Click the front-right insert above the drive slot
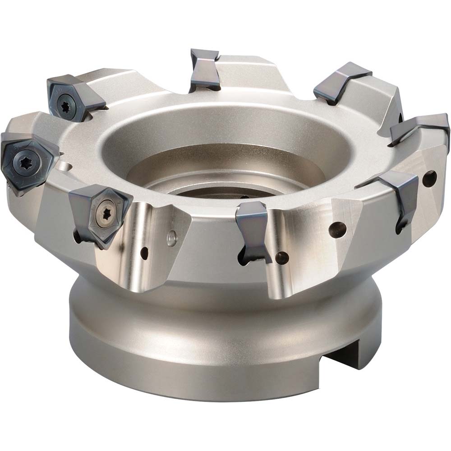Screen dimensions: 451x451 pos(397,194)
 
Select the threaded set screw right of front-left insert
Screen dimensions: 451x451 pos(171,238)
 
